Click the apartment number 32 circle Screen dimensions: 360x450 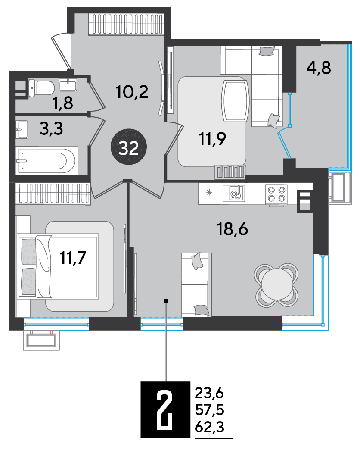click(129, 147)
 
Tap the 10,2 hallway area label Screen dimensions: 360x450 click(132, 92)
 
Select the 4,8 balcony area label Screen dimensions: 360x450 click(318, 68)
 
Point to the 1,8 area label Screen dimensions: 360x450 click(63, 103)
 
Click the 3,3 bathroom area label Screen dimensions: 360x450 click(51, 128)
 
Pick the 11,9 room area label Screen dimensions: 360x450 click(212, 139)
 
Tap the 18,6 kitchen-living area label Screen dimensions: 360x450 click(233, 229)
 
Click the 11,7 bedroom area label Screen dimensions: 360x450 click(73, 257)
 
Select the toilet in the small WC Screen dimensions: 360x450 click(42, 87)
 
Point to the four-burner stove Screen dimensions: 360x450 click(276, 194)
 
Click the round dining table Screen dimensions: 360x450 click(276, 285)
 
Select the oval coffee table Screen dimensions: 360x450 click(235, 100)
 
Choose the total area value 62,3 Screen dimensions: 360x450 click(210, 428)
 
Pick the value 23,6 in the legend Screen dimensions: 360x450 click(209, 393)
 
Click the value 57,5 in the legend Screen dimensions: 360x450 click(210, 410)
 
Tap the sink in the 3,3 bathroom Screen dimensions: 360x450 click(22, 129)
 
